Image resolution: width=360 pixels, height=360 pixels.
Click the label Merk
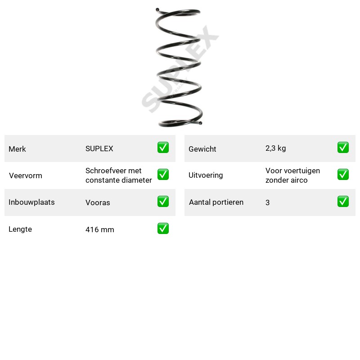click(17, 149)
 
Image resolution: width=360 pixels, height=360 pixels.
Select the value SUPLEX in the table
click(99, 148)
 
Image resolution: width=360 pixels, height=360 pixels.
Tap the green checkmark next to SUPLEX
click(163, 148)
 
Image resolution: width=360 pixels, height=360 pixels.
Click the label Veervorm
click(26, 175)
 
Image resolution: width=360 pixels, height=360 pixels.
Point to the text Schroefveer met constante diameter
click(119, 175)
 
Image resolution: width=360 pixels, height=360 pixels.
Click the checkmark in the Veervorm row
click(163, 175)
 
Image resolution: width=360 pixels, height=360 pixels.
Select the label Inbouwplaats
click(31, 202)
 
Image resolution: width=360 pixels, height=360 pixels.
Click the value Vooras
click(98, 202)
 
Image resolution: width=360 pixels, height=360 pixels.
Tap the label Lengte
click(20, 229)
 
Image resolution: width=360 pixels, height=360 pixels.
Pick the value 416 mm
click(100, 229)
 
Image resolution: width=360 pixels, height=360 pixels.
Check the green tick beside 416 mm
click(163, 229)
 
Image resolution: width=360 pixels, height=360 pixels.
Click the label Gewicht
click(202, 149)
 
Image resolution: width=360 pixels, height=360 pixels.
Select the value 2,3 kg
click(276, 148)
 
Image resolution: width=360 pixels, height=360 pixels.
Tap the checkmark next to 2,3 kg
click(343, 148)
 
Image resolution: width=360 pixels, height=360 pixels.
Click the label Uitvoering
click(206, 175)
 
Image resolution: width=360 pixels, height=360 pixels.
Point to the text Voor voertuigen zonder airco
click(293, 175)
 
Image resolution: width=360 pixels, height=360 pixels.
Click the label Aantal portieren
click(216, 202)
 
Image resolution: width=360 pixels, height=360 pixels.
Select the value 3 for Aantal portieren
click(267, 202)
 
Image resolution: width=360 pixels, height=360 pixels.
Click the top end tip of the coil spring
click(157, 9)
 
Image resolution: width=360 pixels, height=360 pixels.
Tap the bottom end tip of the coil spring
click(200, 123)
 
